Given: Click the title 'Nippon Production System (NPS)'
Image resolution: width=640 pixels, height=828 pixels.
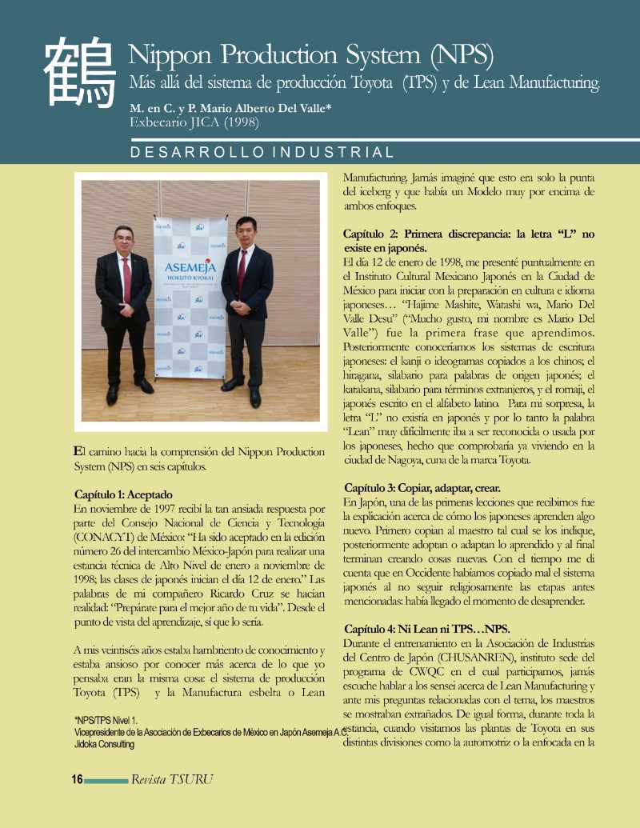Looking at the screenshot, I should (310, 54).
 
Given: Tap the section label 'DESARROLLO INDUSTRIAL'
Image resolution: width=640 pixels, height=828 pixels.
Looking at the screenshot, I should (262, 153).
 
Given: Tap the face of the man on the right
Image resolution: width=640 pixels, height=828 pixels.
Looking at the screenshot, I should (244, 234).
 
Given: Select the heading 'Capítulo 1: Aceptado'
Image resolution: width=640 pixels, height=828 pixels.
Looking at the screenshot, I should (123, 494).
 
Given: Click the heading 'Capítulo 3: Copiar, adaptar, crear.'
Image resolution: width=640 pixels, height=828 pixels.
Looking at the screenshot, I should (423, 488).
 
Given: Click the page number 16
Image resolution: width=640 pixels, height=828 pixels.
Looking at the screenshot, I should (77, 779).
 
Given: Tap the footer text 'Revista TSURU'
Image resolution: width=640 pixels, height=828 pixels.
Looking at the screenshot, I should (172, 779).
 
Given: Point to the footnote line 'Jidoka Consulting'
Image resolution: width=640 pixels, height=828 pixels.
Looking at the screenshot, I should (104, 743).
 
